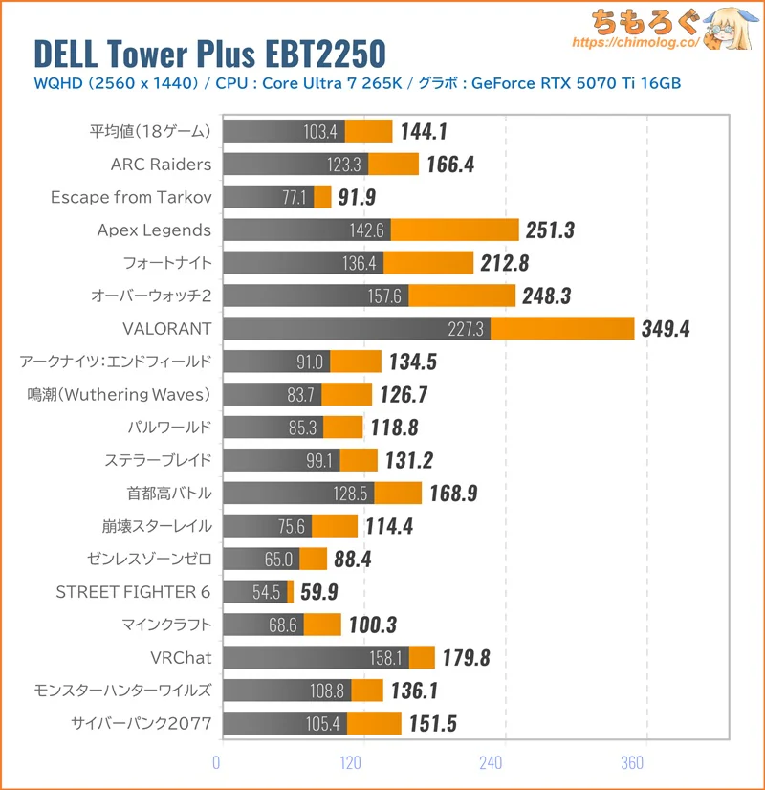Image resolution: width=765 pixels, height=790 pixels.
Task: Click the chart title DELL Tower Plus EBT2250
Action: pos(209,52)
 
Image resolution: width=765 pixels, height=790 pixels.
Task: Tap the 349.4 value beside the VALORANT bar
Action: pos(664,329)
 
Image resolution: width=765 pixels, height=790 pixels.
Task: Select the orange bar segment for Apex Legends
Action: pos(455,230)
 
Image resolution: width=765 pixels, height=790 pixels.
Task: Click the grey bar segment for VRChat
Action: pos(315,657)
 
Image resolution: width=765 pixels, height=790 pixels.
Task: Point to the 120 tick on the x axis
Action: pos(353,762)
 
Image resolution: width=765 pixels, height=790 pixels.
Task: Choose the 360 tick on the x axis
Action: pos(632,762)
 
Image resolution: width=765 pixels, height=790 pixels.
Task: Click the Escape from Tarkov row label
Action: pos(131,197)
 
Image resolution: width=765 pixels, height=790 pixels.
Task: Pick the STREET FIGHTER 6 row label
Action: pos(134,592)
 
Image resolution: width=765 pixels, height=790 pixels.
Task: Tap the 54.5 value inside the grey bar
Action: pos(268,592)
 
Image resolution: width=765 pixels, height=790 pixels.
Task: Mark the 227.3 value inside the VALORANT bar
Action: pos(468,329)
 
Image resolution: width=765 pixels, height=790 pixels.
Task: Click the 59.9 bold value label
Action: pos(319,592)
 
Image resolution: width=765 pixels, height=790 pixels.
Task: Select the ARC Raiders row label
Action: pos(161,165)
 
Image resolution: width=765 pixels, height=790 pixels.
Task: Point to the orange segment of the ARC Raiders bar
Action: pos(393,165)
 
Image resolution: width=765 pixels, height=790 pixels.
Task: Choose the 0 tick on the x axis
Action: pos(217,762)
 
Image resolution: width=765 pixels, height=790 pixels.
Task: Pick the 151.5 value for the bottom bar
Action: pos(434,723)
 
